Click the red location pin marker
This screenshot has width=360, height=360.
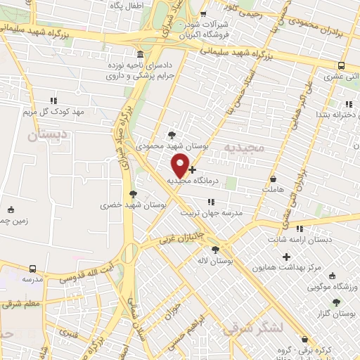point(181,165)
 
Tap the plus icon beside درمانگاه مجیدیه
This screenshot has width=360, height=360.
point(193,169)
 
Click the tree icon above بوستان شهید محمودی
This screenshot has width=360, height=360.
point(172,134)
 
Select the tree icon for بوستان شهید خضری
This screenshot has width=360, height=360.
point(134,193)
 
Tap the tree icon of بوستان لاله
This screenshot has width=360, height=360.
point(215,249)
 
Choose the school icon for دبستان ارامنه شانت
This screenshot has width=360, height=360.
point(300,228)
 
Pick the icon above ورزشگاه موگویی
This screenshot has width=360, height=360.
point(333,276)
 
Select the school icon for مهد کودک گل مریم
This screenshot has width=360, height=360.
point(54,101)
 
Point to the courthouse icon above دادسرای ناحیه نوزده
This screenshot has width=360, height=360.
point(141,56)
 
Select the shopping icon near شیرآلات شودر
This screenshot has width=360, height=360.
point(203,14)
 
